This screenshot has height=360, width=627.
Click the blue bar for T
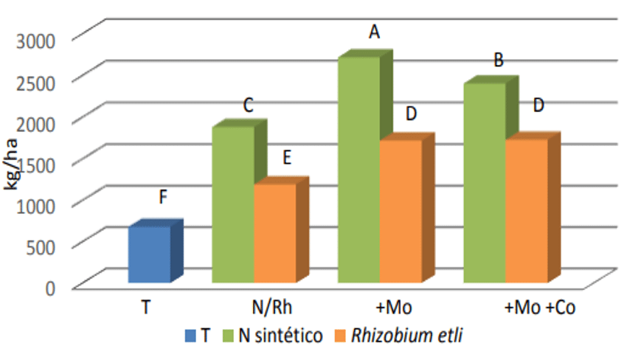pyautogui.click(x=150, y=255)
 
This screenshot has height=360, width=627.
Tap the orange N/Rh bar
pyautogui.click(x=275, y=233)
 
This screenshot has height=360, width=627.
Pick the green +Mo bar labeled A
pyautogui.click(x=358, y=170)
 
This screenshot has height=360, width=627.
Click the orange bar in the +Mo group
pyautogui.click(x=401, y=211)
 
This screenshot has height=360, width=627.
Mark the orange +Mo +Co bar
pyautogui.click(x=527, y=210)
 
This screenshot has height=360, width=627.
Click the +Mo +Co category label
pyautogui.click(x=540, y=307)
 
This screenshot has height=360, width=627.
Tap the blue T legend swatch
pyautogui.click(x=190, y=337)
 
